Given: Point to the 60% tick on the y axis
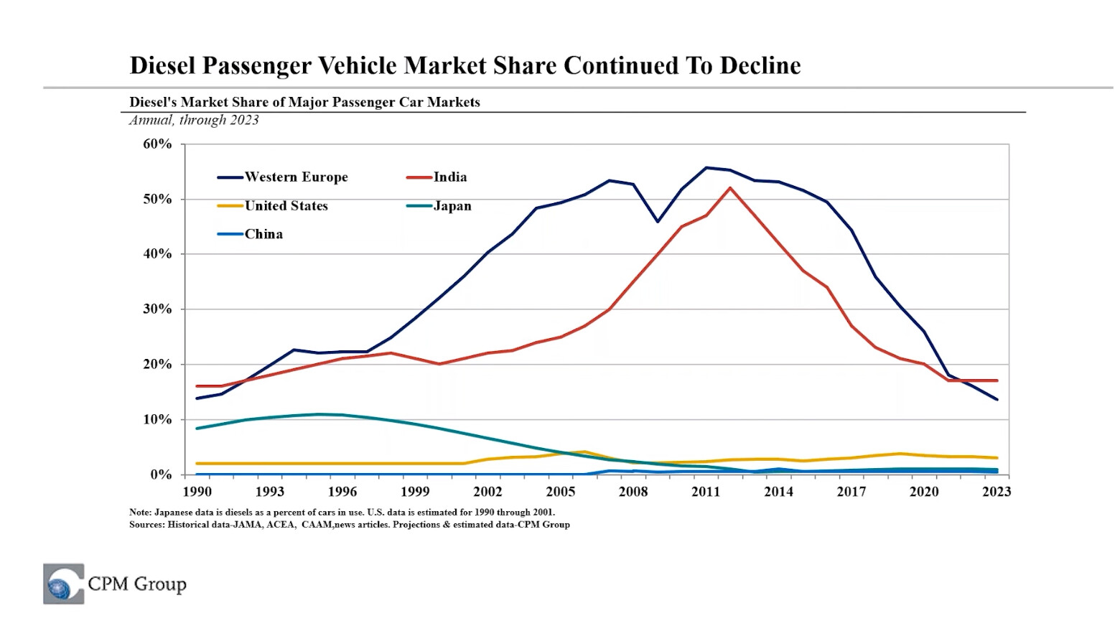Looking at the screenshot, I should pos(158,144).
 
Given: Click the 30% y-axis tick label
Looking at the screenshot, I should pos(158,309).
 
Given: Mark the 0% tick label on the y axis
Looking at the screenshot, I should pos(161,475).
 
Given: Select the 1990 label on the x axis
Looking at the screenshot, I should pos(197,492).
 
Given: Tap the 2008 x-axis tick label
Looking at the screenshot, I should pos(633,492).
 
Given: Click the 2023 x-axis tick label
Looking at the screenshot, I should pos(997,492).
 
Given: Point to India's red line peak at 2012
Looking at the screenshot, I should pos(730,188).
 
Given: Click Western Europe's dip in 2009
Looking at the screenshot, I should pos(658,221).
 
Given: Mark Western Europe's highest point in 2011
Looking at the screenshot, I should pos(706,168).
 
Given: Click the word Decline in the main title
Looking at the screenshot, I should pos(760,65).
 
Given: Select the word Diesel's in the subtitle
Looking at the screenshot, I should pos(153,102).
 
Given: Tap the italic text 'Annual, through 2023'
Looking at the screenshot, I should pos(194,120).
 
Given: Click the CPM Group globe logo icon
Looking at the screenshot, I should pos(63,584).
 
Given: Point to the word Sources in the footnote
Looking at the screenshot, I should pos(146,525).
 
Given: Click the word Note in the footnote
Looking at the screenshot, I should pos(139,513).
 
